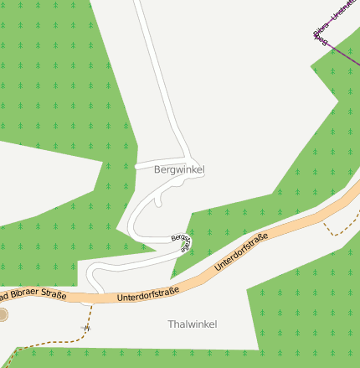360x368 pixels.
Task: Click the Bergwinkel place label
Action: (179, 169)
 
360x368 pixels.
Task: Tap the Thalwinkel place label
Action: (192, 324)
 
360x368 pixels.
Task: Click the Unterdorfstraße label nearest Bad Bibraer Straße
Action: (148, 294)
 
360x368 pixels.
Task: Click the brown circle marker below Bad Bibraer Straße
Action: (3, 314)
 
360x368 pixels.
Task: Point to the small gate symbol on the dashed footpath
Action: (84, 326)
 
